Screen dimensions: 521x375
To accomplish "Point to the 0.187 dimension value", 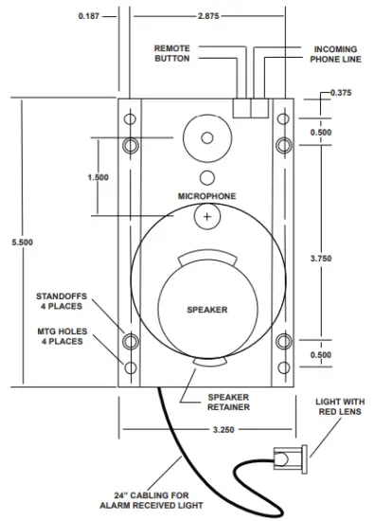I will (89, 16).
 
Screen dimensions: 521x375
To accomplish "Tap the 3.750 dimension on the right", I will (322, 258).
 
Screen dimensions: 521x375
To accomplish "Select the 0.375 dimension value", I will (342, 92).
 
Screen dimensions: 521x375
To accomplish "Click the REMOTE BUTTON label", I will (171, 53).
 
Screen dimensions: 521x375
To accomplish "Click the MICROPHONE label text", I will (206, 196).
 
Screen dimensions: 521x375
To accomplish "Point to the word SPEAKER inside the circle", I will (206, 309).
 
